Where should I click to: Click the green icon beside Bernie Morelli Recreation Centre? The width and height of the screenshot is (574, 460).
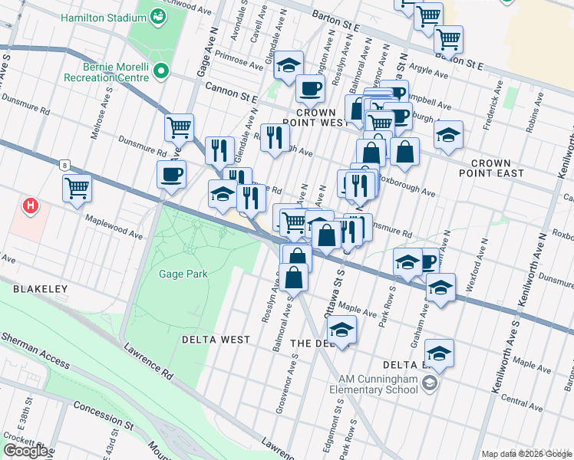pyautogui.click(x=161, y=72)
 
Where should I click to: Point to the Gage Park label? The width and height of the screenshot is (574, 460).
pyautogui.click(x=183, y=274)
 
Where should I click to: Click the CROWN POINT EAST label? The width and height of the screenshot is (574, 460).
pyautogui.click(x=497, y=169)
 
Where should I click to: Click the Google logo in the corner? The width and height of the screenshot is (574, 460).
pyautogui.click(x=26, y=451)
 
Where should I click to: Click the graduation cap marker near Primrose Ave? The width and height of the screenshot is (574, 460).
pyautogui.click(x=289, y=65)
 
